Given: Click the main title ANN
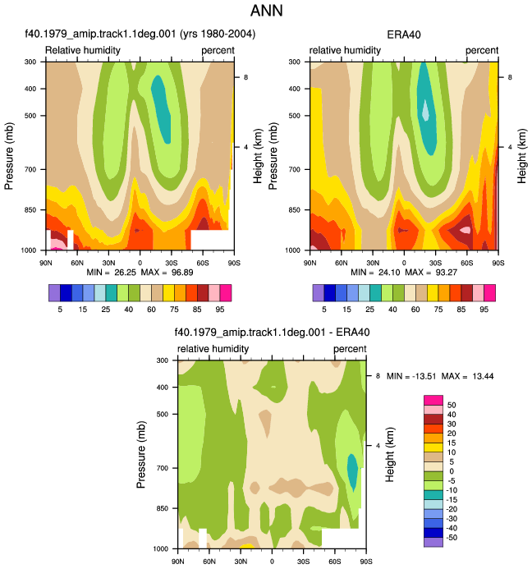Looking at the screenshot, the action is pos(266,10).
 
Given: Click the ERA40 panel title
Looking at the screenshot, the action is pos(404,34).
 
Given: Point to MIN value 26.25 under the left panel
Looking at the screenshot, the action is pos(125,272).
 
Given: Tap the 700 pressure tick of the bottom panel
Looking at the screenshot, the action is pos(163,468).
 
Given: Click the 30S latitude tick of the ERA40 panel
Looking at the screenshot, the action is pos(435,263).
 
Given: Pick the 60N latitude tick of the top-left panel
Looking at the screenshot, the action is pos(77,263).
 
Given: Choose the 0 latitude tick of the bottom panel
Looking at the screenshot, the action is pos(272,562).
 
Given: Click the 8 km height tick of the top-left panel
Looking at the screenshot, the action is pos(245,77).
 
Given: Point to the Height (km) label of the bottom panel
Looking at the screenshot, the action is pos(389,455).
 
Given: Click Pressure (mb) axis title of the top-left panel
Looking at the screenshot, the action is pos(9,156).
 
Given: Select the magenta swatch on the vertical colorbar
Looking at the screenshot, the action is pos(433,400).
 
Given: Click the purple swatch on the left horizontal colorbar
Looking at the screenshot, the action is pos(54,293).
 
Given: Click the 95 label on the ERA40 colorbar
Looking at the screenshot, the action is pos(484,310).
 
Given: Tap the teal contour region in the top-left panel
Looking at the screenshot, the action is pos(161,109).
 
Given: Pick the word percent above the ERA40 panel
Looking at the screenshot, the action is pos(482,50).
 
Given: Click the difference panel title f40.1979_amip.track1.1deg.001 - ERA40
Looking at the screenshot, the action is pos(273,333).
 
